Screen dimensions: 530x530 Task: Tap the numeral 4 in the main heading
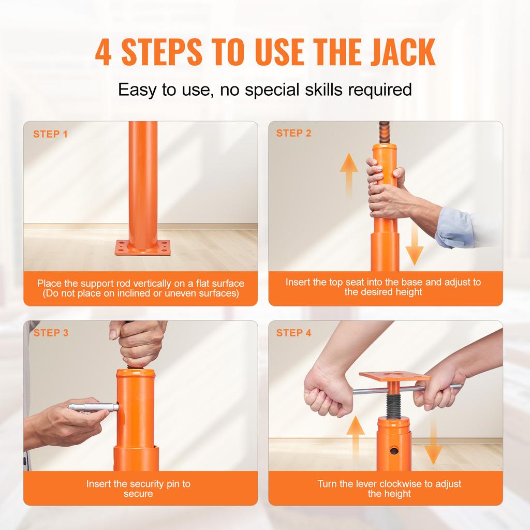click(103, 52)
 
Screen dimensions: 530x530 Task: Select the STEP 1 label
click(50, 135)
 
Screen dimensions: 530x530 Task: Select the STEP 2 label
click(294, 134)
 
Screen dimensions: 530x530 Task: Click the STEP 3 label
click(51, 333)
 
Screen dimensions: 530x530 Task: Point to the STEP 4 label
click(294, 333)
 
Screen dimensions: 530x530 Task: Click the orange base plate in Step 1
click(142, 247)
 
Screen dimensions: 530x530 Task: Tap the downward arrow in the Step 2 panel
click(414, 244)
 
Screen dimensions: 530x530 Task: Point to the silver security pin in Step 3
click(93, 407)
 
